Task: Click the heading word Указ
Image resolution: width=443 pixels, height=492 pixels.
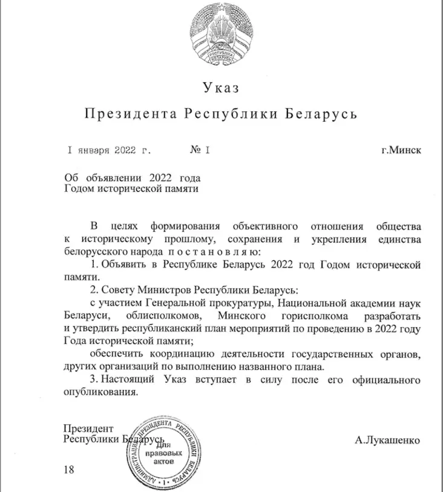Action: coord(221,88)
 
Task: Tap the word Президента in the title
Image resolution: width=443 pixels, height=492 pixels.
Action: coord(130,114)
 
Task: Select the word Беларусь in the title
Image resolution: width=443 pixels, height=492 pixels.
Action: coord(321,114)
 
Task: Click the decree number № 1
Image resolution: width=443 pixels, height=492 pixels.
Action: coord(200,149)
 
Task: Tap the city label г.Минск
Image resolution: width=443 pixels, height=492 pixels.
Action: coord(401,149)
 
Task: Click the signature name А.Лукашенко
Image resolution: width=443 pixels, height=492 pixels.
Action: coord(387,440)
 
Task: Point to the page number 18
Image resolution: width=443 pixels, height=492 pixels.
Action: coord(68,470)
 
